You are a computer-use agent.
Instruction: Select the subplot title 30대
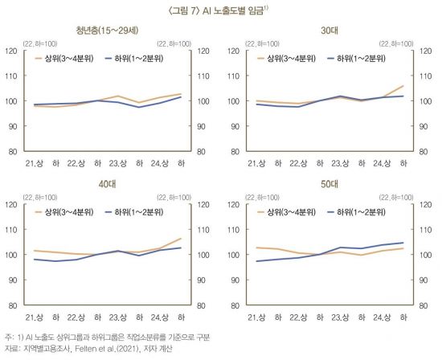[329, 31]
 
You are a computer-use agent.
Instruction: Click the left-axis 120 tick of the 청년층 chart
[10, 51]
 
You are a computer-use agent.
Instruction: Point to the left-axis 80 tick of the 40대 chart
[12, 305]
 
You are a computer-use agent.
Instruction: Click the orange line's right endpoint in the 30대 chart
[403, 86]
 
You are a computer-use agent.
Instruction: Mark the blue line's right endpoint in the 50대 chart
[403, 243]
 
